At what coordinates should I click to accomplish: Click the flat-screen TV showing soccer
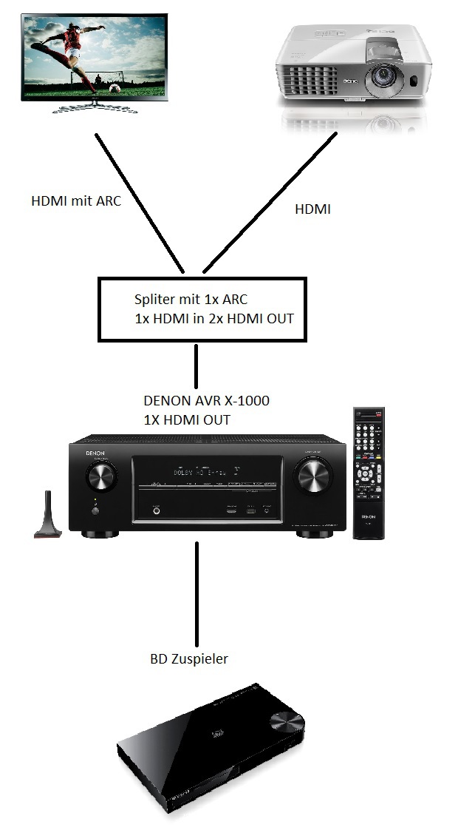pyautogui.click(x=95, y=59)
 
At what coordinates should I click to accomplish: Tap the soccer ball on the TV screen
pyautogui.click(x=115, y=87)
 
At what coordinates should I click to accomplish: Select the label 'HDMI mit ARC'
pyautogui.click(x=76, y=200)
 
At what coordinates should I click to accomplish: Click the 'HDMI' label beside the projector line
pyautogui.click(x=312, y=209)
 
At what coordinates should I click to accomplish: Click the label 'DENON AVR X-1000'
pyautogui.click(x=207, y=401)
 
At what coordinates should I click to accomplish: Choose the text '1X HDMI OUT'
pyautogui.click(x=187, y=419)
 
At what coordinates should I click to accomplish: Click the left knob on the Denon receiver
pyautogui.click(x=100, y=478)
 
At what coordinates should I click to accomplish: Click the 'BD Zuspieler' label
pyautogui.click(x=189, y=658)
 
